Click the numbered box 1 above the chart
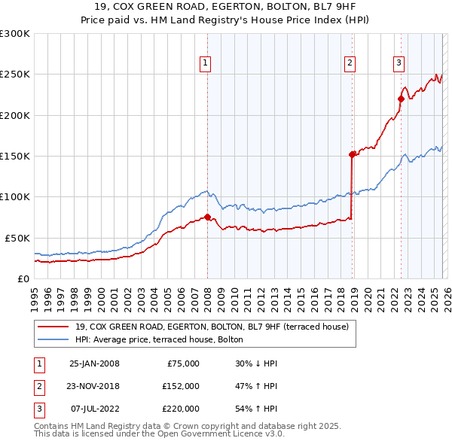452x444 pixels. coord(205,64)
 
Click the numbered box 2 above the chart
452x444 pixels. coord(350,64)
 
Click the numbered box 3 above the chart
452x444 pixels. coord(399,64)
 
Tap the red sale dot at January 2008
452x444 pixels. coord(207,217)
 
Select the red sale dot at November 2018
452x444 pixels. coord(352,154)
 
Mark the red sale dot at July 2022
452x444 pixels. coord(401,99)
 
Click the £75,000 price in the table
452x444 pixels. coord(181,363)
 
